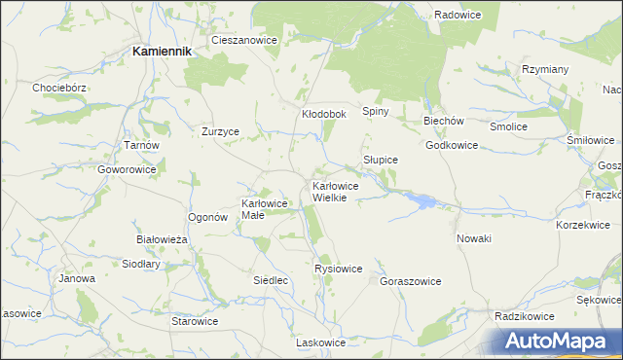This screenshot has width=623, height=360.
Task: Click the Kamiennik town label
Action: [161, 51]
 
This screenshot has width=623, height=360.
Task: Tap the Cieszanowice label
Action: [244, 41]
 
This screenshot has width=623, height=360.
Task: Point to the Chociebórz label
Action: [60, 88]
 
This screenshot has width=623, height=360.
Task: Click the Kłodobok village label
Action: [324, 114]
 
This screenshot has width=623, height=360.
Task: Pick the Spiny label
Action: [376, 111]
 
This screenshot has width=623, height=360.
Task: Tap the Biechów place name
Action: [443, 121]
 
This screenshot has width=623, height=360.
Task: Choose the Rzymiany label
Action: [545, 69]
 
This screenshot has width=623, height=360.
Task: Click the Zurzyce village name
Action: [220, 130]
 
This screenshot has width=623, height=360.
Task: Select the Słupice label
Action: [381, 159]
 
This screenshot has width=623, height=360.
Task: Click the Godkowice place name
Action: [452, 145]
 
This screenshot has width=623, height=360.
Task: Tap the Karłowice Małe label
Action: [264, 209]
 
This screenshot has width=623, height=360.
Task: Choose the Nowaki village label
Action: [474, 238]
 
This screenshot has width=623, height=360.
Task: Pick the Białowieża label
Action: [160, 238]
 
